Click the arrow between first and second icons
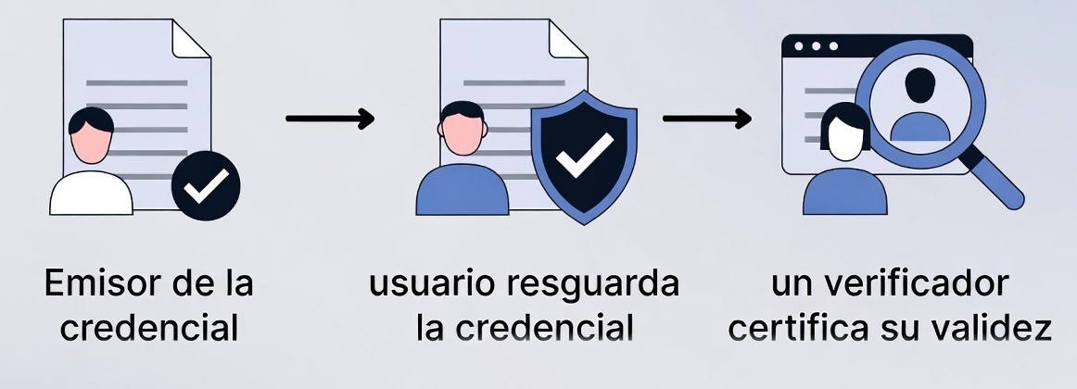[x=329, y=119]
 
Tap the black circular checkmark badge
[x=206, y=188]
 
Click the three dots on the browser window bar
[x=816, y=45]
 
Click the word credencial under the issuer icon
[x=148, y=328]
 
